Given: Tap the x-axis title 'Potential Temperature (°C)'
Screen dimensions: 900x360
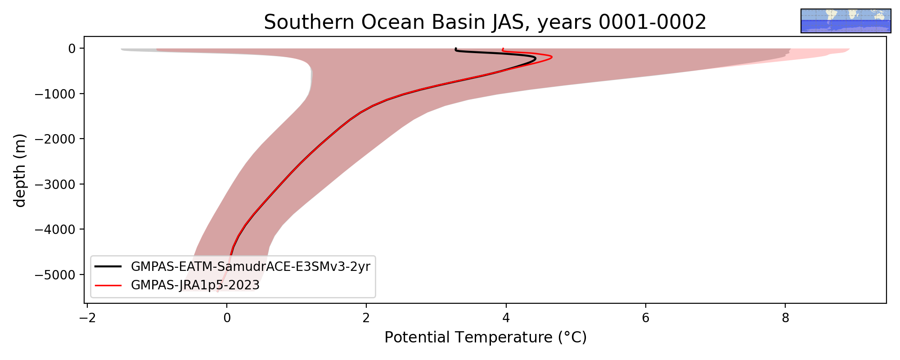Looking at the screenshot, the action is [x=486, y=337].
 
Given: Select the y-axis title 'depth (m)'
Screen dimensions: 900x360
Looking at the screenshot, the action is [x=20, y=170].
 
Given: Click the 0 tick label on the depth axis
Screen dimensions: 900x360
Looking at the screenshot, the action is [x=72, y=48].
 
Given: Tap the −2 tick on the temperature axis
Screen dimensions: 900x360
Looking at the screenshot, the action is [x=87, y=318].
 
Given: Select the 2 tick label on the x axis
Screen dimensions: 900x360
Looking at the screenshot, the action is [x=366, y=318].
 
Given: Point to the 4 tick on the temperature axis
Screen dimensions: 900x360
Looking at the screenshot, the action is [x=506, y=318].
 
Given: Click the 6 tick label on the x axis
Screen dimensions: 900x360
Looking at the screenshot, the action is [x=645, y=318].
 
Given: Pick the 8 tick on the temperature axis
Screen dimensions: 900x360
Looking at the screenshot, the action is [x=785, y=318].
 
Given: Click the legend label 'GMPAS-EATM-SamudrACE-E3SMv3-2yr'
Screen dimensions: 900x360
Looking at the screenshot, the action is [x=251, y=267].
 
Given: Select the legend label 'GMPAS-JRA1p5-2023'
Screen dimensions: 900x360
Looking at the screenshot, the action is [x=195, y=285].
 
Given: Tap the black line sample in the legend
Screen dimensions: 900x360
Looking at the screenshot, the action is [x=108, y=267].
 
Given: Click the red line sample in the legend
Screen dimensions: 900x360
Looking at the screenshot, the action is [x=108, y=285].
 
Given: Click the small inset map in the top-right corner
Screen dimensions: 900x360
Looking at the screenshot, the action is [x=846, y=21].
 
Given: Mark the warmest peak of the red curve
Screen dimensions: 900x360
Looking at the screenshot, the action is [x=552, y=57].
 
